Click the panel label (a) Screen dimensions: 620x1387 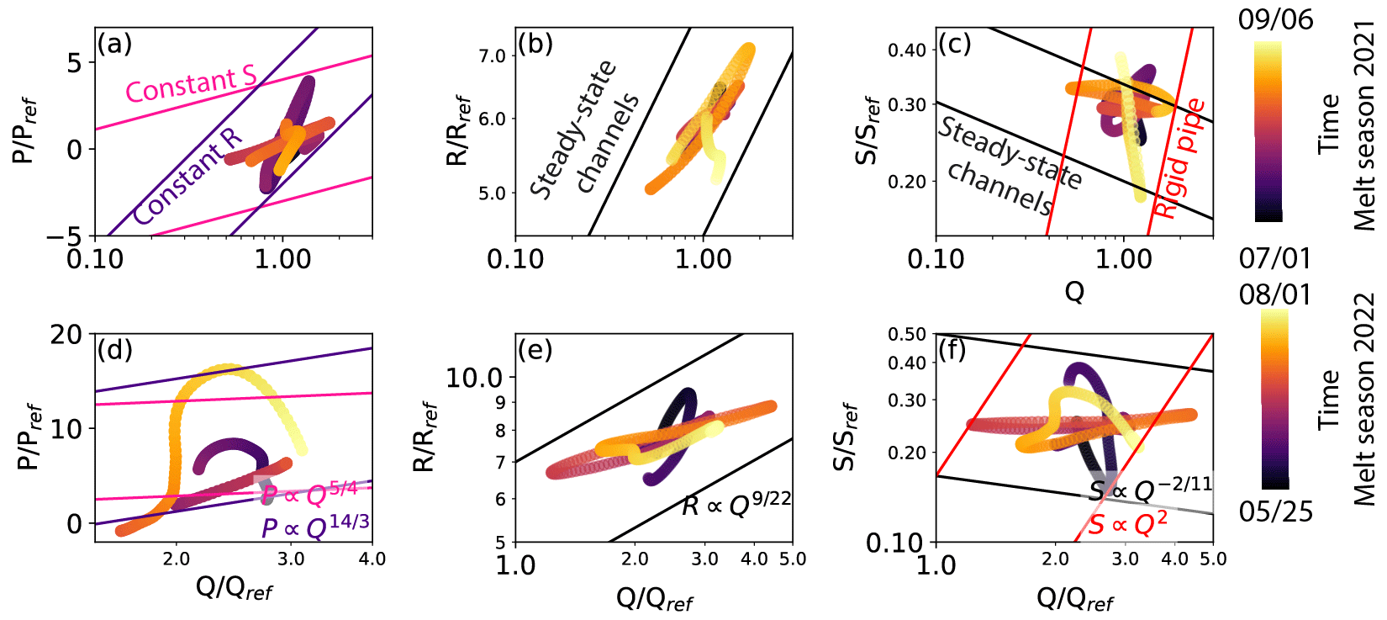tap(115, 44)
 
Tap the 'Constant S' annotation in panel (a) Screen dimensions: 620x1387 tap(191, 83)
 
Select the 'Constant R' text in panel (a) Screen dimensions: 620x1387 tap(187, 178)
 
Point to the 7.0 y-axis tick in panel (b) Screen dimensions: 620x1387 tap(493, 56)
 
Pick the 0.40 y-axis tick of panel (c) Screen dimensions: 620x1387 tap(907, 50)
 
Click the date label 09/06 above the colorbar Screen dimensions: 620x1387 tap(1275, 19)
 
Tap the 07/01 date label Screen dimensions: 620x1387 tap(1275, 257)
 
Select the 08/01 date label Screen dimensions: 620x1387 tap(1275, 294)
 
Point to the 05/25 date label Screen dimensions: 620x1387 tap(1275, 511)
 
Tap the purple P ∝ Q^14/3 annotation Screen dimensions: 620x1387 tap(315, 527)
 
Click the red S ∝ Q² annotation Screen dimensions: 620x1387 tap(1127, 524)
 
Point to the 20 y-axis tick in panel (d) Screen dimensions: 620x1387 tap(66, 335)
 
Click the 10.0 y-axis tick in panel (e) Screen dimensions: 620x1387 tap(474, 378)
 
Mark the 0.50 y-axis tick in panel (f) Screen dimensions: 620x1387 tap(907, 334)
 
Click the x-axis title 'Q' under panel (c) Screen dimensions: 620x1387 tap(1074, 292)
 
